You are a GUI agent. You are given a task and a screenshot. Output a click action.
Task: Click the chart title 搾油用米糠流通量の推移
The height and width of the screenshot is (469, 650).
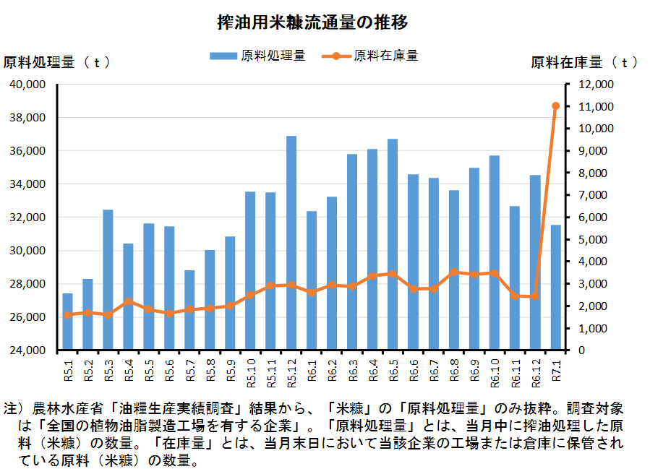click(x=312, y=22)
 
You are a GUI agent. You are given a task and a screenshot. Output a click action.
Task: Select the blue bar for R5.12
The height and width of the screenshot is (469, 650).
click(x=291, y=243)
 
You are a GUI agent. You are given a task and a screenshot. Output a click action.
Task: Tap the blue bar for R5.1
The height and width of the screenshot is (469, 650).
click(x=67, y=322)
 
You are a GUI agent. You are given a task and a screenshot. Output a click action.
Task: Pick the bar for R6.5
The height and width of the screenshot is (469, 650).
click(x=393, y=244)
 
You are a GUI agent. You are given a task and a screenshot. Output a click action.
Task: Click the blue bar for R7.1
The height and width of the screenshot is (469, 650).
click(x=555, y=287)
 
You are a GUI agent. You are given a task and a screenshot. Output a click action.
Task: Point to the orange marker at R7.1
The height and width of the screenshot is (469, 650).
click(x=556, y=106)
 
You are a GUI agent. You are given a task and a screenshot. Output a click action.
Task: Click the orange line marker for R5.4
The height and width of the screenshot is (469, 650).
click(x=129, y=301)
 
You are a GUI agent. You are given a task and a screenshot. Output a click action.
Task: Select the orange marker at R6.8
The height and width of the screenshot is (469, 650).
click(x=454, y=272)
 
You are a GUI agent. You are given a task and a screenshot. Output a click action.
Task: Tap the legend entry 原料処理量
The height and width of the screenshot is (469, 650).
click(x=257, y=56)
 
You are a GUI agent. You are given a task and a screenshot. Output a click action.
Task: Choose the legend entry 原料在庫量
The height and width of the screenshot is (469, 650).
click(x=369, y=56)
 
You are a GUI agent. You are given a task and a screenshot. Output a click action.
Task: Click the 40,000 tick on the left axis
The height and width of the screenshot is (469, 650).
click(x=27, y=85)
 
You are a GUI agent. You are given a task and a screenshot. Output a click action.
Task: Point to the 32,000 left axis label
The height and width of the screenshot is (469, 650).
click(x=27, y=218)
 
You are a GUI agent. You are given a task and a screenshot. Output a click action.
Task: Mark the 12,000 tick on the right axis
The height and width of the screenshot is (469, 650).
click(x=596, y=85)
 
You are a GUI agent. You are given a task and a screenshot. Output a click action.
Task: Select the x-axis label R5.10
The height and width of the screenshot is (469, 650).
click(x=251, y=373)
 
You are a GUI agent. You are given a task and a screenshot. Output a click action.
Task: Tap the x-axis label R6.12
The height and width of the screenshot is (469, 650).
click(x=536, y=373)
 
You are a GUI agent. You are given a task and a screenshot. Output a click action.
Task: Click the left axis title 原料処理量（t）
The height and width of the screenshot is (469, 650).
click(x=57, y=63)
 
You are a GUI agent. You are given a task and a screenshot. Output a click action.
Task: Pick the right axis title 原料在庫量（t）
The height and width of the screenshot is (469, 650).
click(x=584, y=63)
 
